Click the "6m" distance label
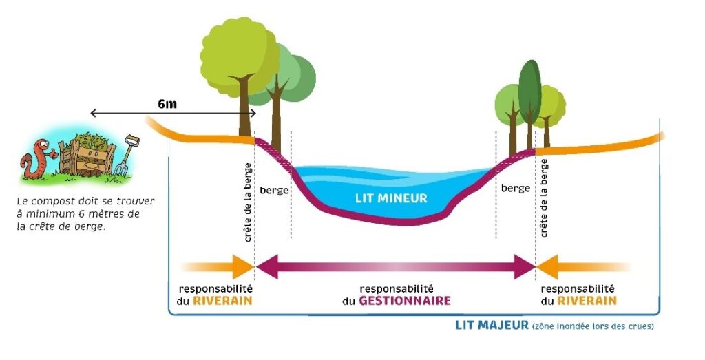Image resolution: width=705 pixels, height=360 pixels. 167,104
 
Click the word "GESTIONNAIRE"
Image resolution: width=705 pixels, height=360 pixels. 405,301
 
